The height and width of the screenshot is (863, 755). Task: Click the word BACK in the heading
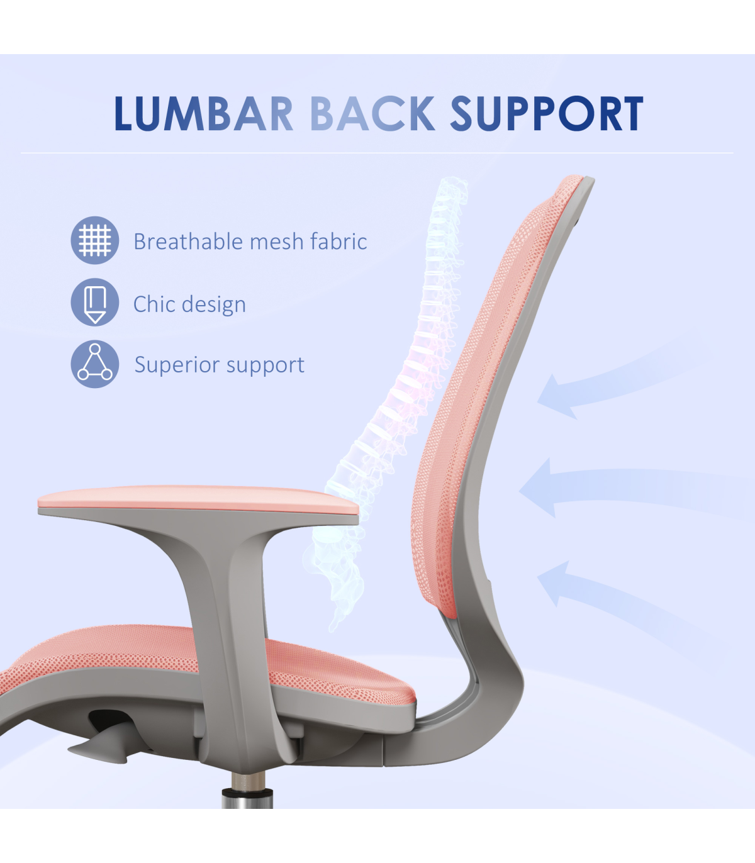tap(372, 113)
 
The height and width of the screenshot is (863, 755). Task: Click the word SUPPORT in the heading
tap(547, 113)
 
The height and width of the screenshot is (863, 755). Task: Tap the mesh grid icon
tap(95, 240)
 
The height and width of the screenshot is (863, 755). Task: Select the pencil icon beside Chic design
tap(95, 303)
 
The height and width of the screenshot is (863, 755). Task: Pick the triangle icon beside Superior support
tap(95, 364)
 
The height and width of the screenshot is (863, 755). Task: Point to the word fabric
tap(338, 242)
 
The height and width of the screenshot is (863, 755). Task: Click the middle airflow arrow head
tap(535, 488)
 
